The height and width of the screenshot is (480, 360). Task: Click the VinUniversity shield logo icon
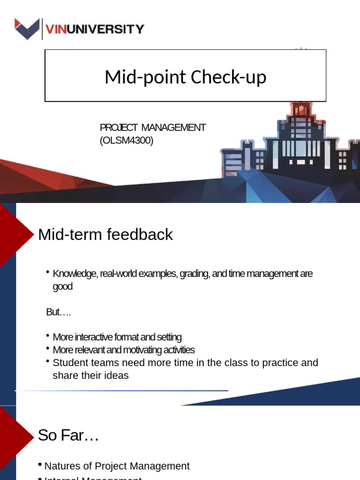pos(28,29)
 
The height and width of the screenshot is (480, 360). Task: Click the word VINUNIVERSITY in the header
pos(94,30)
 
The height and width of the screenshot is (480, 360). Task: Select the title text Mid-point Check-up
pos(185,76)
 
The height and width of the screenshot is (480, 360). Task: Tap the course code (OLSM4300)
pos(127,140)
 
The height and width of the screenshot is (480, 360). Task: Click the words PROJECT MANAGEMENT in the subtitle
pos(153,127)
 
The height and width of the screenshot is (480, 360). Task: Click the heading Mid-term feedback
pos(105,234)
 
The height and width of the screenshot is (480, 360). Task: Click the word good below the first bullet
pos(62,286)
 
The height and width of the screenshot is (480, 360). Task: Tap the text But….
pos(58,312)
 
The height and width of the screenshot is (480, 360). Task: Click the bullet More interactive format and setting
pos(117,337)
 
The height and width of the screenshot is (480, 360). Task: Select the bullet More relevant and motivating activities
pos(123,350)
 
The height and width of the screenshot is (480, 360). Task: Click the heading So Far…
pos(68,435)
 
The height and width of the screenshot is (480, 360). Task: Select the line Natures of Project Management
pos(117,466)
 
